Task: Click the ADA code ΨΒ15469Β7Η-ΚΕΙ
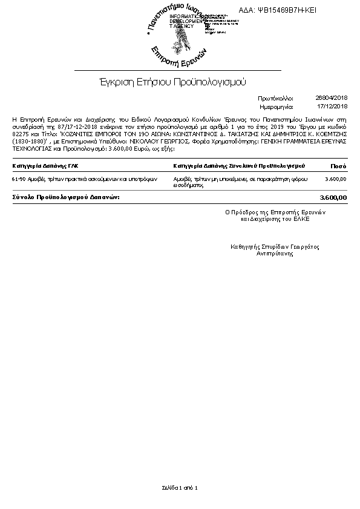pyautogui.click(x=286, y=10)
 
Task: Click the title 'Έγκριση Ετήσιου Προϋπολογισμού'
pyautogui.click(x=172, y=81)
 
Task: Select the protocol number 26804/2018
pyautogui.click(x=332, y=97)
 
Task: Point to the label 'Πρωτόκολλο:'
pyautogui.click(x=275, y=97)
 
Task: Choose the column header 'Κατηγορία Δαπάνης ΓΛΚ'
pyautogui.click(x=45, y=165)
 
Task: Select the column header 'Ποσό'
pyautogui.click(x=338, y=165)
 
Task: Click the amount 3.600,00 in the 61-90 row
pyautogui.click(x=335, y=179)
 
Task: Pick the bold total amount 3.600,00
pyautogui.click(x=333, y=197)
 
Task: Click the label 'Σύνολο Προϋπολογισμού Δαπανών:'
pyautogui.click(x=67, y=197)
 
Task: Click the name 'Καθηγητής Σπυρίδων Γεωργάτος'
pyautogui.click(x=275, y=247)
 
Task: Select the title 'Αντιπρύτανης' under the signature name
pyautogui.click(x=275, y=254)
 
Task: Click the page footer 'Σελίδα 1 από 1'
pyautogui.click(x=180, y=487)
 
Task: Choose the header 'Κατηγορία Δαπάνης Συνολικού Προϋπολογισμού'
pyautogui.click(x=238, y=165)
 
